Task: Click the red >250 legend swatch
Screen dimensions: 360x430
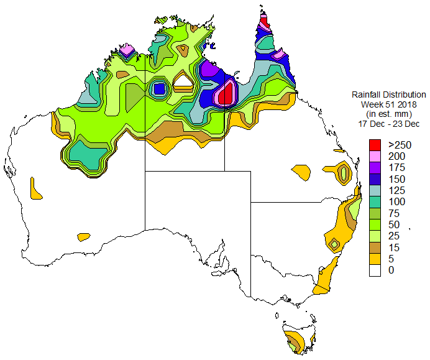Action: tap(375, 144)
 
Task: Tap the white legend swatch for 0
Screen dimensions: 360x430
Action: tap(375, 270)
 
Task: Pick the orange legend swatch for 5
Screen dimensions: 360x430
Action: tap(375, 259)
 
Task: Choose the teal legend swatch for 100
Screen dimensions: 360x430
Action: tap(375, 201)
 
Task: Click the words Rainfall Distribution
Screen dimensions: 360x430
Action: tap(389, 95)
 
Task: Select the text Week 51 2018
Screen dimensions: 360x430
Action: tap(389, 104)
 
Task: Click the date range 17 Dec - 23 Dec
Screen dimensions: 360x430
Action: tap(389, 123)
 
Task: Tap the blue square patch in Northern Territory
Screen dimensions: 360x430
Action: tap(159, 88)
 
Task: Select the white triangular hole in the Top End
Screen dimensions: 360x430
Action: tap(185, 79)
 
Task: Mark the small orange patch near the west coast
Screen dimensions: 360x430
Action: tap(35, 188)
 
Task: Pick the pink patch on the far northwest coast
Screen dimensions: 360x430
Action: tap(127, 50)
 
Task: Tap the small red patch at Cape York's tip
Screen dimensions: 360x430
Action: tap(264, 22)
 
